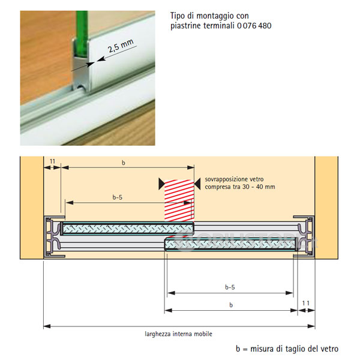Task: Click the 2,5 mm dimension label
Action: [x=121, y=46]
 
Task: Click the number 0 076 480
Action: [x=254, y=25]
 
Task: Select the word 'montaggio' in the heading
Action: [x=223, y=16]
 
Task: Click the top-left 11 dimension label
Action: [x=52, y=161]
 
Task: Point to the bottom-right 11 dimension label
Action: [x=306, y=303]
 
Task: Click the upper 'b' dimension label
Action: [x=123, y=163]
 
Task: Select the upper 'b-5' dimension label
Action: [x=118, y=197]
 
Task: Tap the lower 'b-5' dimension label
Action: [x=230, y=287]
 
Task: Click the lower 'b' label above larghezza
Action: [x=231, y=305]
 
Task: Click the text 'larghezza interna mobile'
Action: [x=178, y=334]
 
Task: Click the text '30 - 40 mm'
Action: [x=259, y=187]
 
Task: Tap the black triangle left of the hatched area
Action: [x=161, y=184]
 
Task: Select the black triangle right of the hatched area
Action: [x=197, y=184]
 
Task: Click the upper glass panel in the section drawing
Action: [x=127, y=229]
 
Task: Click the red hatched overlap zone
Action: [x=179, y=200]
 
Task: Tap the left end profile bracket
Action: [x=53, y=236]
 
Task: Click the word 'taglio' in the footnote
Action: [x=294, y=349]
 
